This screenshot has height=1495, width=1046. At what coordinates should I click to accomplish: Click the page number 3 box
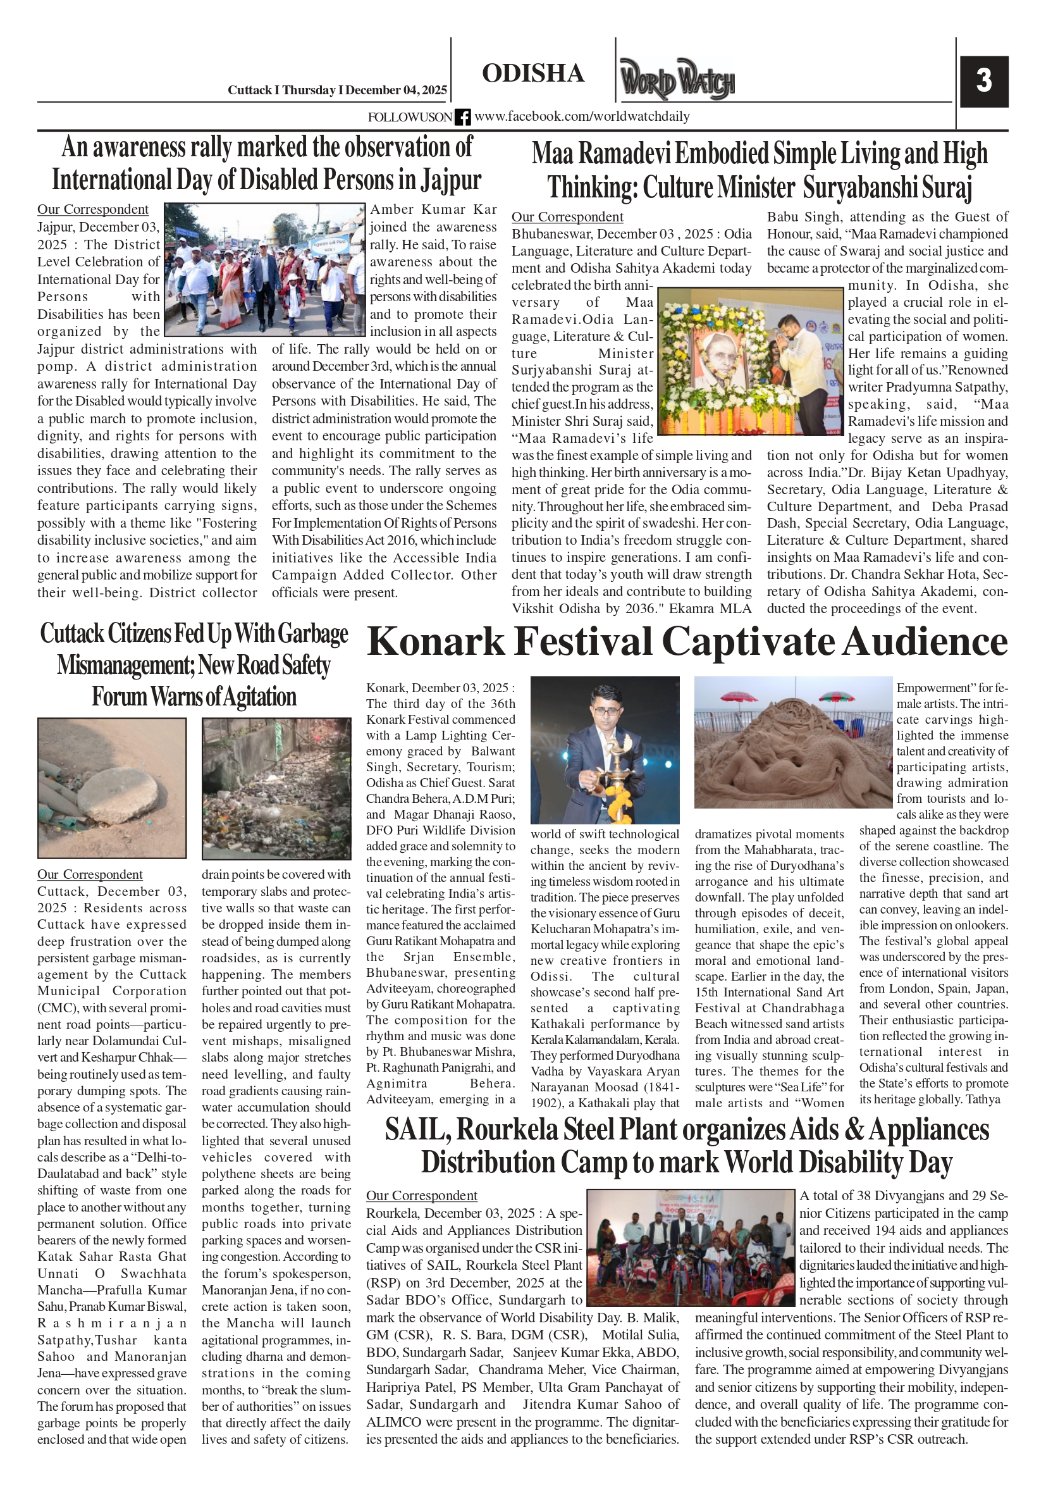pyautogui.click(x=983, y=82)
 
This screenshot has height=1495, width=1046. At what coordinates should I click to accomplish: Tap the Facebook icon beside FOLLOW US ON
pyautogui.click(x=462, y=117)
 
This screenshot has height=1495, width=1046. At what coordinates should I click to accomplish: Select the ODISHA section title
pyautogui.click(x=532, y=73)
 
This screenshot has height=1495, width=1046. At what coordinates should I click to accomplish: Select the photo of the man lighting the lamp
pyautogui.click(x=605, y=750)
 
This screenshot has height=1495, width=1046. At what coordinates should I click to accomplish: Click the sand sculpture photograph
pyautogui.click(x=792, y=742)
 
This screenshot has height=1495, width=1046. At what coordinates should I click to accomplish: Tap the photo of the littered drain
pyautogui.click(x=276, y=788)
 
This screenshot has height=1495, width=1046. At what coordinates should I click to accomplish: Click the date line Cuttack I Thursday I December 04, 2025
pyautogui.click(x=336, y=90)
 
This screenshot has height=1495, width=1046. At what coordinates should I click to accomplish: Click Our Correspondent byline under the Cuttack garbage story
pyautogui.click(x=90, y=874)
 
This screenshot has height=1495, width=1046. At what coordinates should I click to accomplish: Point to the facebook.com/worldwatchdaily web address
pyautogui.click(x=582, y=116)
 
